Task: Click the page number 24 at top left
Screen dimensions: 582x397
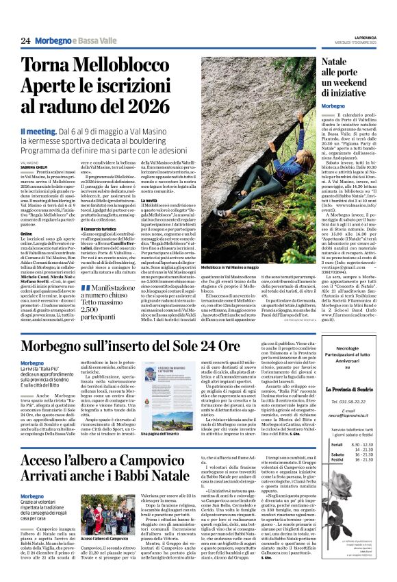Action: point(26,41)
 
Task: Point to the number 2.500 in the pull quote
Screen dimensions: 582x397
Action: point(92,310)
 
